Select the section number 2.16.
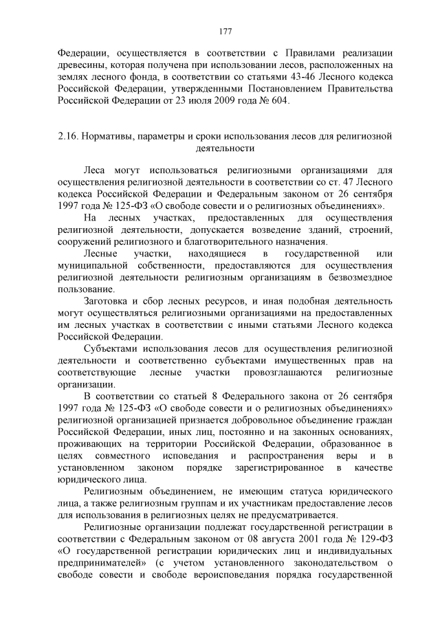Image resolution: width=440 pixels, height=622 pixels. [x=69, y=136]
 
